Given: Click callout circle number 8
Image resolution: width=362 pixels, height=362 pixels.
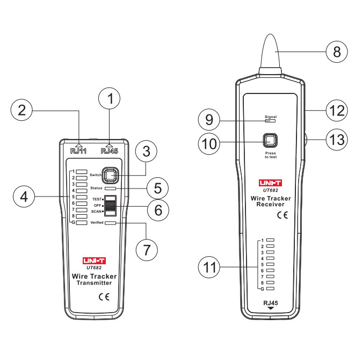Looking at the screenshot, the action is coord(337,52).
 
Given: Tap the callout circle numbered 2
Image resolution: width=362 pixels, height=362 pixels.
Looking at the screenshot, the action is coord(21,110).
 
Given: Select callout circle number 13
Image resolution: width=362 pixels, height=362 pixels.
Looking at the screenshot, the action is coord(337,140).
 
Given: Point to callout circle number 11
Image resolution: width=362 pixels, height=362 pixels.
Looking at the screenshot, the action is coord(209,267).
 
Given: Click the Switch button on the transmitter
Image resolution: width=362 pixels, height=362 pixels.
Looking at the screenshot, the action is coord(110,176).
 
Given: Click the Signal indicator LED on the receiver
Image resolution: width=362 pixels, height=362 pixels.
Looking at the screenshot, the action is coord(270,121).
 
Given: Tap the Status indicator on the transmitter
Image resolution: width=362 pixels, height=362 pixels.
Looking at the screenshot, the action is coord(110,189).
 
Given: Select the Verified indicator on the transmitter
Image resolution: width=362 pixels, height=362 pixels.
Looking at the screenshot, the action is coord(110,223).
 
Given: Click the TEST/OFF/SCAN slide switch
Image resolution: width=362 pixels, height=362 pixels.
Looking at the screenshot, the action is coord(110,206).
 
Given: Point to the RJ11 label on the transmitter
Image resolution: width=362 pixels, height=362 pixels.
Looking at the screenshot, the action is coord(78,151).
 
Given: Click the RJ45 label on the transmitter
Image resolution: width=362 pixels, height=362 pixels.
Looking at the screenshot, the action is coord(110,151).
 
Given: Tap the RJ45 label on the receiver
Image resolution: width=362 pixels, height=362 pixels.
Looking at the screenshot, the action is coord(271,303).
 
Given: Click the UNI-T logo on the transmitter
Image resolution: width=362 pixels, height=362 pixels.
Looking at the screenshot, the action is coord(94,261).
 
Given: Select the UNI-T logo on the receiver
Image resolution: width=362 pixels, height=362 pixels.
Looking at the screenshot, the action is coord(270,183).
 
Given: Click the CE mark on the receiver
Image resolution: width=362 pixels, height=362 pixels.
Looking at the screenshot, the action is coord(283,215).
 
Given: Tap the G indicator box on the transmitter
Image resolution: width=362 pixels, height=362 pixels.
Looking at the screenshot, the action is coord(82,223).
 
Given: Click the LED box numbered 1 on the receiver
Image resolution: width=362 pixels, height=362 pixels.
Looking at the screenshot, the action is coord(270,240).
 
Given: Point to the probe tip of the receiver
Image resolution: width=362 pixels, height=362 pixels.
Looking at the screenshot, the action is coord(270,35).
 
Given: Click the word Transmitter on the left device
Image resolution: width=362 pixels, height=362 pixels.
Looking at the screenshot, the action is coord(94,283).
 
